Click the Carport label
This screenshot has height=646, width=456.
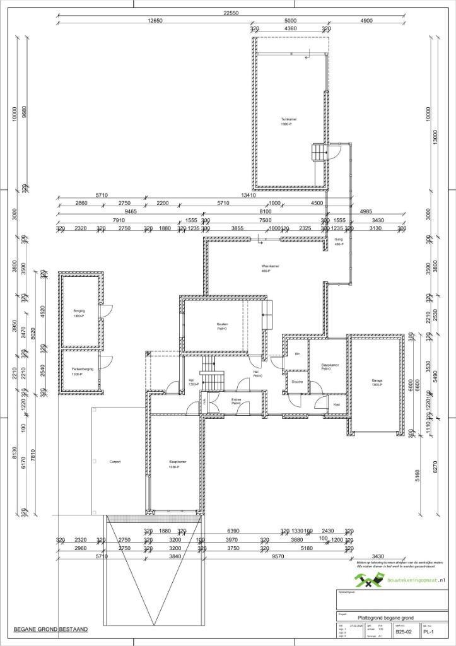[x=115, y=461]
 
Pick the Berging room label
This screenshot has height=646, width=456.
[x=79, y=311]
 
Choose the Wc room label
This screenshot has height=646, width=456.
[x=296, y=354]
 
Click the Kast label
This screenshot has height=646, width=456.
[x=337, y=404]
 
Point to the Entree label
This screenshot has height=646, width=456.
[x=237, y=400]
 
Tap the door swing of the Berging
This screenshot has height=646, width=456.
[x=107, y=310]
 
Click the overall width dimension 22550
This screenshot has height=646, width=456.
[x=230, y=13]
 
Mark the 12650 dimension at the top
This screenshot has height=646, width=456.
[x=155, y=20]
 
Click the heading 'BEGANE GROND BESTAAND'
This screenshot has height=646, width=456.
[x=50, y=630]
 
